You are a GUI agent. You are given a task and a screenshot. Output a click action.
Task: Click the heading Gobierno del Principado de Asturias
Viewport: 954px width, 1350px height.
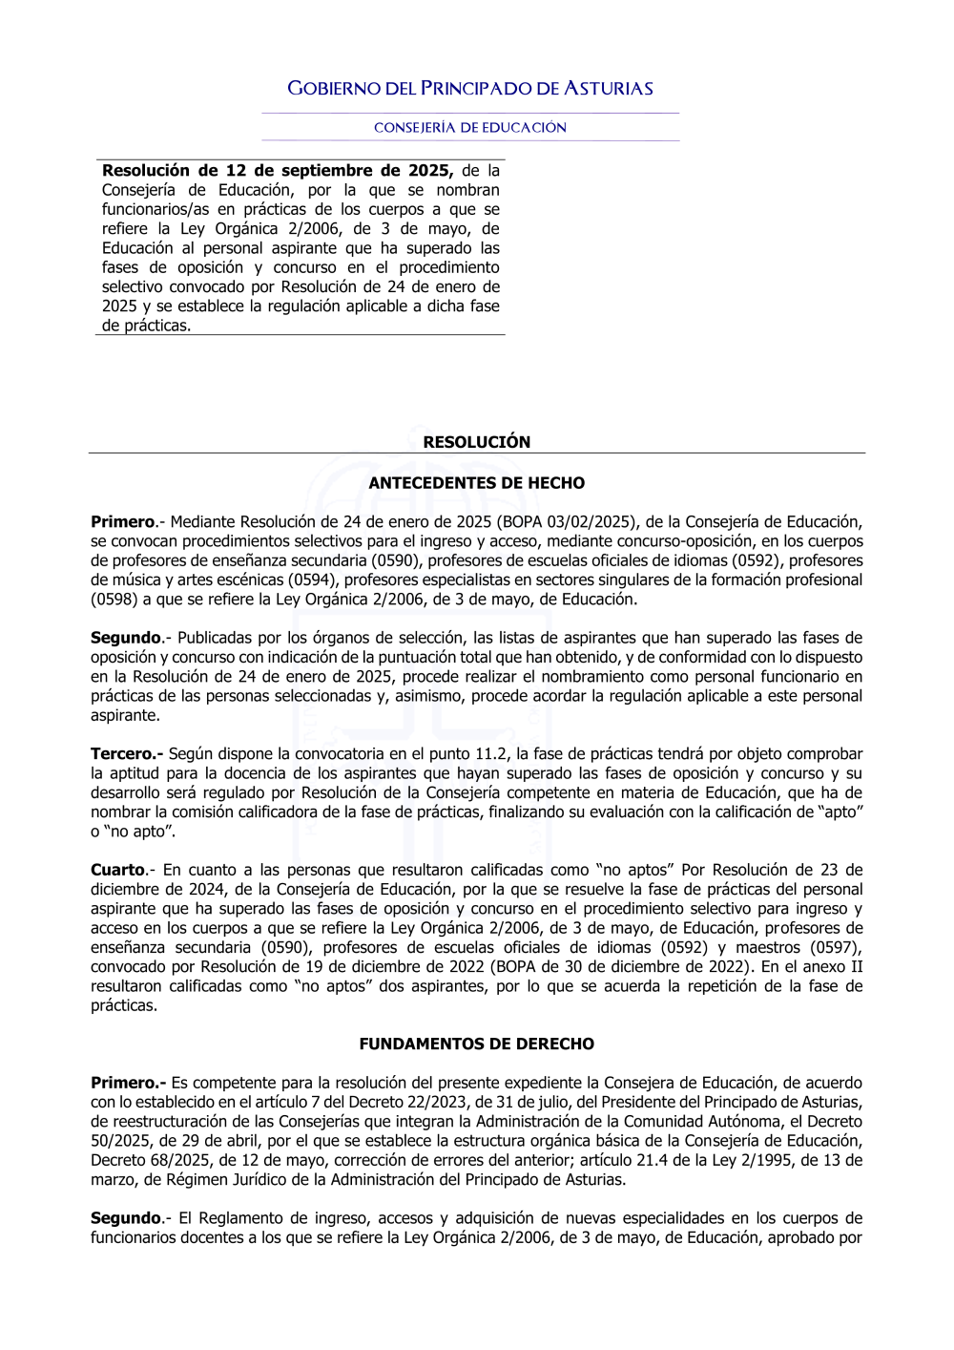point(470,89)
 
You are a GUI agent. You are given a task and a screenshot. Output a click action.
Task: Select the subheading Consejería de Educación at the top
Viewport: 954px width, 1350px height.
point(470,128)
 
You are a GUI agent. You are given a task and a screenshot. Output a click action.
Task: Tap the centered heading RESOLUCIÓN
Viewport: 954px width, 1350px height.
point(476,442)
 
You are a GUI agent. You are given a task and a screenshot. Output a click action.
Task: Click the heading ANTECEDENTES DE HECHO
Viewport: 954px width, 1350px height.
point(476,483)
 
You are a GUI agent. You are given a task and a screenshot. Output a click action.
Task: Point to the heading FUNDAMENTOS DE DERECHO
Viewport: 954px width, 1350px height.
point(476,1044)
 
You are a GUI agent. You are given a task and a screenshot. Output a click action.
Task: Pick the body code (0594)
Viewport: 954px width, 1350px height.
point(307,580)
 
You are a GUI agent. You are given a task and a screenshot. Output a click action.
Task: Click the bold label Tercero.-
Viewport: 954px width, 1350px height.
point(127,754)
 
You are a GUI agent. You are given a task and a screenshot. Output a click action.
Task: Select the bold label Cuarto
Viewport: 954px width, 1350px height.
point(117,870)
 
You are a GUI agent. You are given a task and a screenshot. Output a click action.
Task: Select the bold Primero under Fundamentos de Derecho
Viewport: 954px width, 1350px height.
point(128,1083)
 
